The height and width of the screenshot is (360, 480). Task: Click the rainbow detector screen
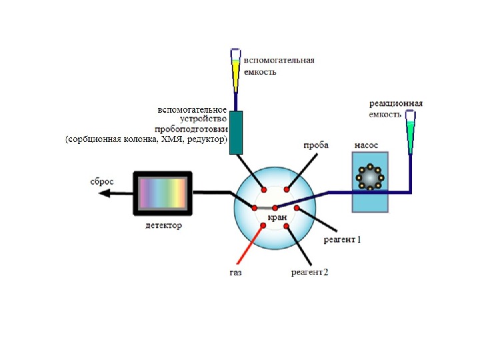click(162, 193)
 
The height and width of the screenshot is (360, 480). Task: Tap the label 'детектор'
click(163, 226)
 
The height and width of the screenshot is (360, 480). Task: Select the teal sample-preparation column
click(235, 132)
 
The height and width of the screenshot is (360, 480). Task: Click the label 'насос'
click(367, 145)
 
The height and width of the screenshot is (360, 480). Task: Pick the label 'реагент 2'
click(309, 272)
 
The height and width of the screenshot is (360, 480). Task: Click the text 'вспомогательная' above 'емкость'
click(279, 61)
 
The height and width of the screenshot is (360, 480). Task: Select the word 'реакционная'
click(395, 104)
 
